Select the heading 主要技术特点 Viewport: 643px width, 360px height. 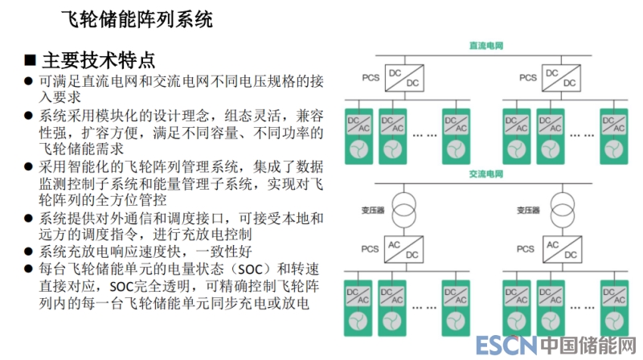tap(99, 60)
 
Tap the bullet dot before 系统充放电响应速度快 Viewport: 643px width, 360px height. tap(30, 252)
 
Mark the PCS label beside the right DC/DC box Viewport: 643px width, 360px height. tap(527, 78)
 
